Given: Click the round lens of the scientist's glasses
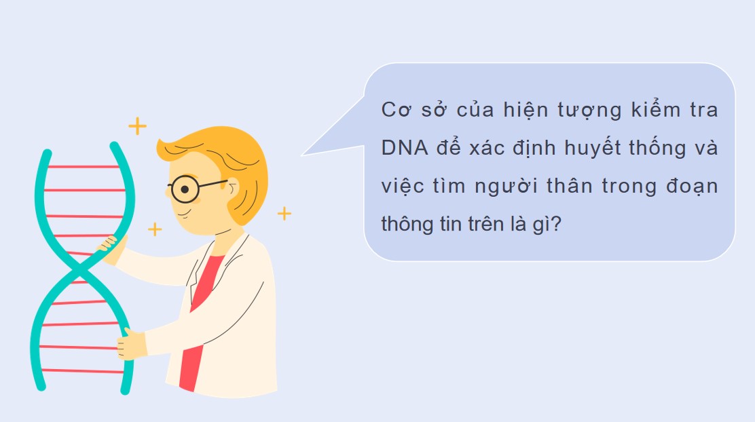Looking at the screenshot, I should click(184, 189).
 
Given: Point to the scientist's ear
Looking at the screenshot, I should click(232, 189).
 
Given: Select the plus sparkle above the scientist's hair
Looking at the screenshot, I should click(138, 126).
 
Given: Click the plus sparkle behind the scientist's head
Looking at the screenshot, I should click(284, 214).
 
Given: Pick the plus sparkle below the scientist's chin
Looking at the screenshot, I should click(155, 229).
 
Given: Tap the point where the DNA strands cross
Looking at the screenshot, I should click(80, 271).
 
